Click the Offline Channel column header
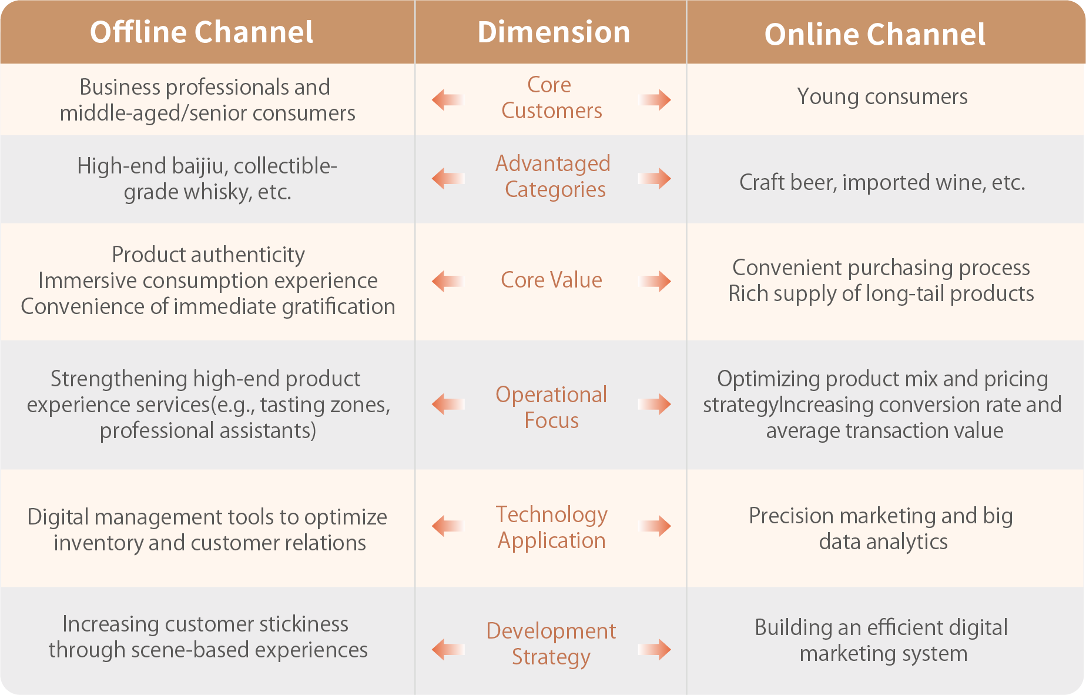coord(202,32)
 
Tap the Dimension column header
coord(553,32)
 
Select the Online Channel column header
coord(874,34)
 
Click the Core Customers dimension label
coord(551,98)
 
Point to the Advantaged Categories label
coord(554,176)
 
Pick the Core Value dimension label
coord(551,280)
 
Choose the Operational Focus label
coord(551,407)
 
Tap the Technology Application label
coord(551,527)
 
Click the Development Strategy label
coord(551,643)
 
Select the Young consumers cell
coord(882,96)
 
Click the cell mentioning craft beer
coord(882,182)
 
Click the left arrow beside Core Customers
coord(447,100)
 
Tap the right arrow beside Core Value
coord(656,281)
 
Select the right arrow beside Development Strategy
coord(656,650)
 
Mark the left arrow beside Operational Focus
coord(448,404)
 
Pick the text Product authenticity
coord(208,255)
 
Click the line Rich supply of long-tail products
coord(881,293)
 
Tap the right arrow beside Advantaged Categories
coord(656,178)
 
